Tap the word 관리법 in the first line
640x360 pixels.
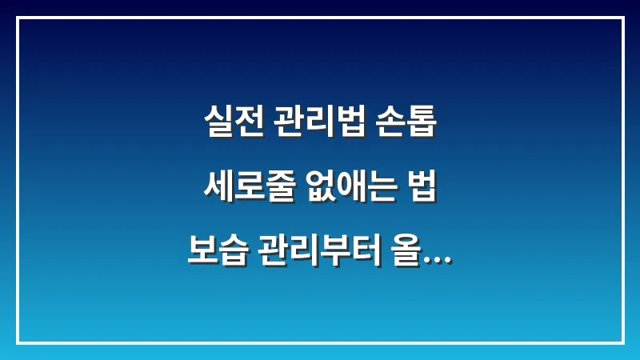319,124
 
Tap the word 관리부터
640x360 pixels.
319,255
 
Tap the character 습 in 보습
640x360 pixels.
232,255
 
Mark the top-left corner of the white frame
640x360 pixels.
18,18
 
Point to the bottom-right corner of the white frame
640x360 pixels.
622,342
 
